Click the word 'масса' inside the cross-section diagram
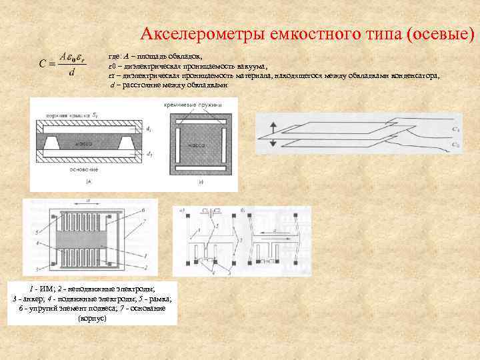[84, 143]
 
